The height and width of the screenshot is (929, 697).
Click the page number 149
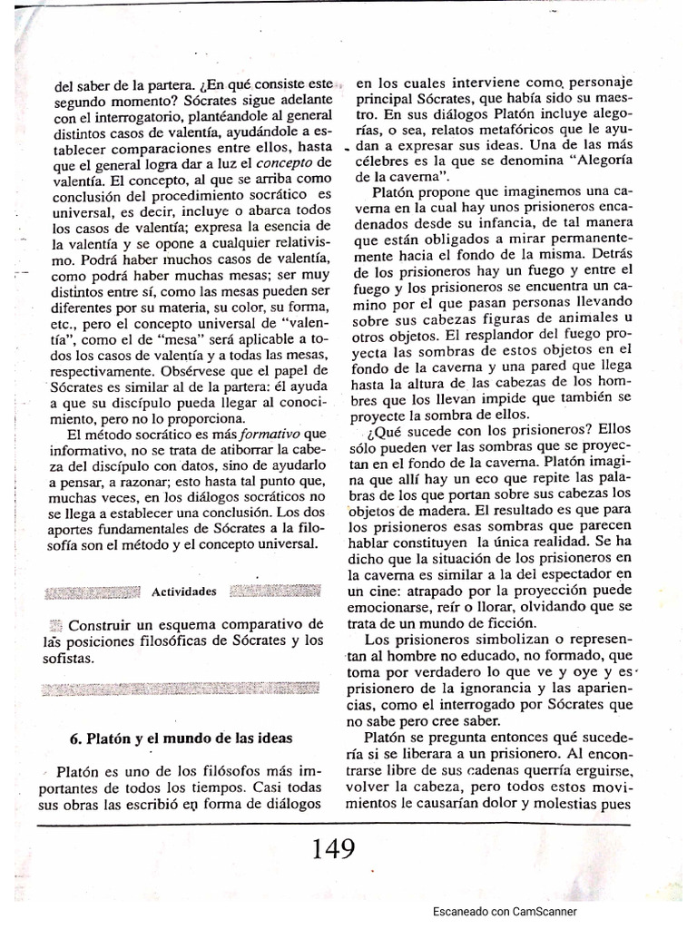pos(333,849)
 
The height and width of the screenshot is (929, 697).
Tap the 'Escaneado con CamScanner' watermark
pos(504,912)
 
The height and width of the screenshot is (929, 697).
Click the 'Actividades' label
pos(184,592)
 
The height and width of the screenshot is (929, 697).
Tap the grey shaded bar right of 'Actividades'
pos(276,592)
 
